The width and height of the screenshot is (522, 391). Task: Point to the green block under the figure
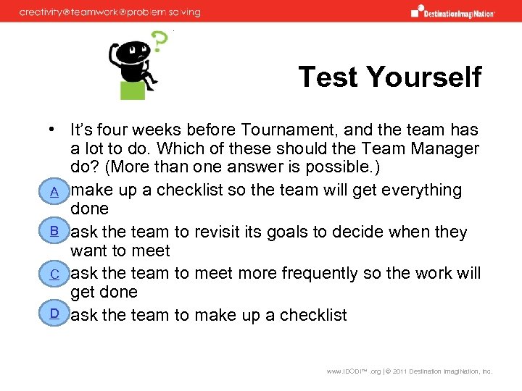tap(132, 90)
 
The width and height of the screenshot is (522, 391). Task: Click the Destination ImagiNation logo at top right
tap(453, 12)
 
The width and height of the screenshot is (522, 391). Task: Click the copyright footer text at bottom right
tap(409, 371)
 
